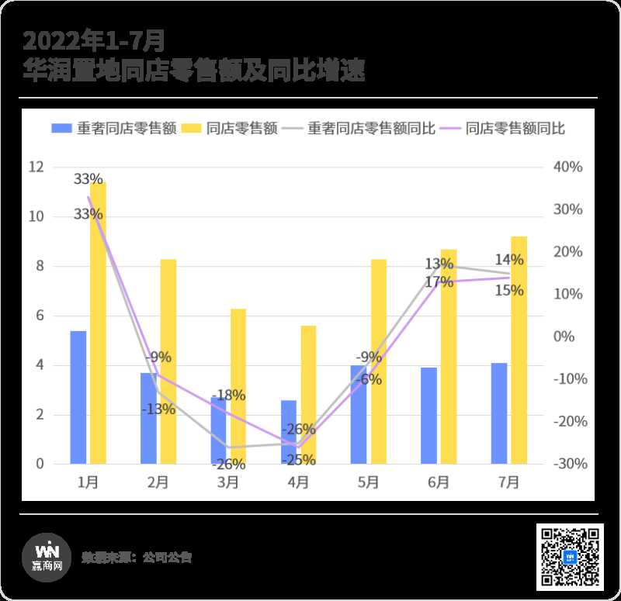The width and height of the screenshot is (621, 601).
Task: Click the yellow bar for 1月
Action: pos(98,326)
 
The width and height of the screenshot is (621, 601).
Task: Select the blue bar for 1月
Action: pos(78,397)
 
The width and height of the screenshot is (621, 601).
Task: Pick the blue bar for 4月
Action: pos(289,432)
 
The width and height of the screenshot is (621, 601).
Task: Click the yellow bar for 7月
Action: pos(519,350)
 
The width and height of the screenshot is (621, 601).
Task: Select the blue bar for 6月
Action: pos(428,416)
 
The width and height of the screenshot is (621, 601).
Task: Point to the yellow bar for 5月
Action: pos(378,361)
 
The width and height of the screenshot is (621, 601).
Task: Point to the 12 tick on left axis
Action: pos(36,167)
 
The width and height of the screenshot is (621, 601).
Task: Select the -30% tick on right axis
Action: pos(567,464)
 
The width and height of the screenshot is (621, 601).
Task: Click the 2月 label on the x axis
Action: pos(158,482)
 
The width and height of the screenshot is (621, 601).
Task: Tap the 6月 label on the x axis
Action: pos(438,482)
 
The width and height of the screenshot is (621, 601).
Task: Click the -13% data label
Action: pos(158,409)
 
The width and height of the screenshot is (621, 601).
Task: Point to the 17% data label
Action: pos(439,282)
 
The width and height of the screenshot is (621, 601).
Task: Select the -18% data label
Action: pos(229,395)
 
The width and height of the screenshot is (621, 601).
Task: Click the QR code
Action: pos(570,557)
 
